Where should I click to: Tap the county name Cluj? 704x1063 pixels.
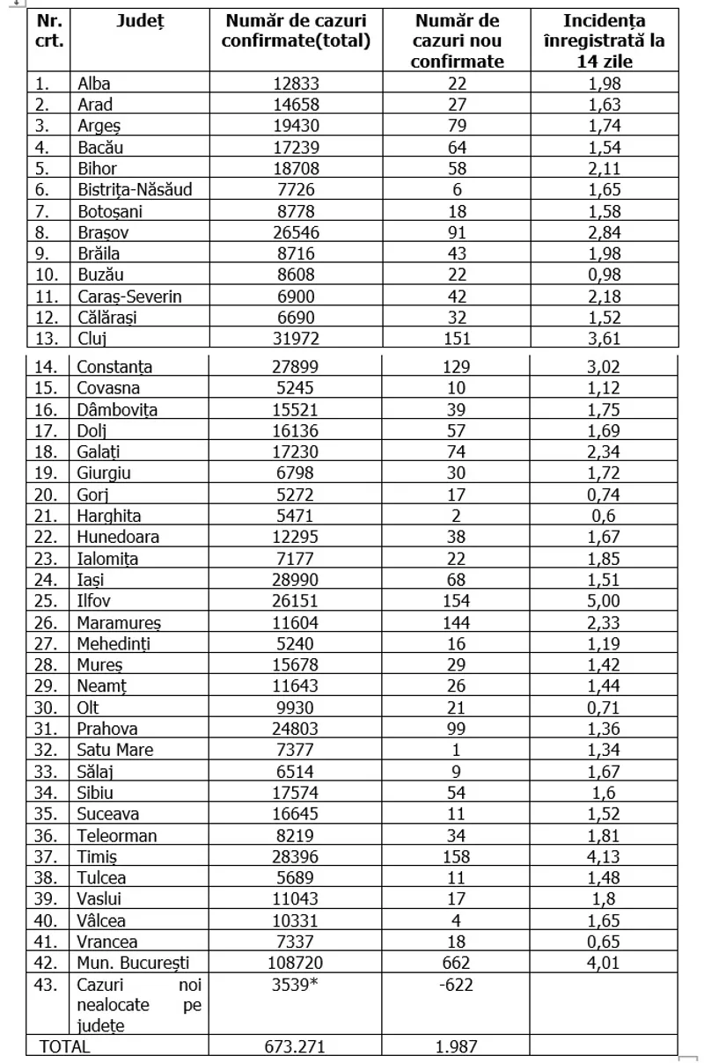(92, 339)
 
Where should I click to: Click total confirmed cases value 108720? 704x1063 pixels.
(295, 963)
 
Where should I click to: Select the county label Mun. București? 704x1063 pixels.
(133, 963)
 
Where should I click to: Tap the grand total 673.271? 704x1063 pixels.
(295, 1047)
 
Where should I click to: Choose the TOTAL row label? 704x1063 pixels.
(63, 1047)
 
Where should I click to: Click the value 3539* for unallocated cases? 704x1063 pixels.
(295, 985)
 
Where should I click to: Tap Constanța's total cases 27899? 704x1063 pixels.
(295, 366)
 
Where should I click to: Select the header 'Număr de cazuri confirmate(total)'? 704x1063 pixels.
(295, 30)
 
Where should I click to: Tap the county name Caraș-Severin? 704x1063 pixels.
(129, 297)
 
